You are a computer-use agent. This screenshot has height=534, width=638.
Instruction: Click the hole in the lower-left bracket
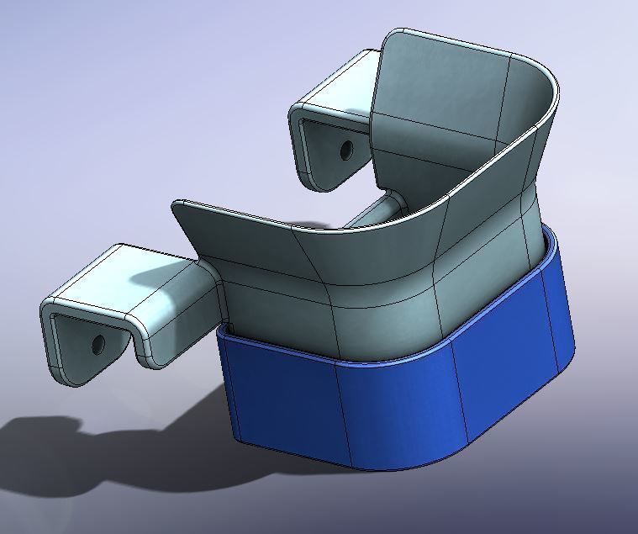coord(98,343)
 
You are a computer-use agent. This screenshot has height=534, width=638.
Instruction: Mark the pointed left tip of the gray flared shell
coord(176,204)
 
